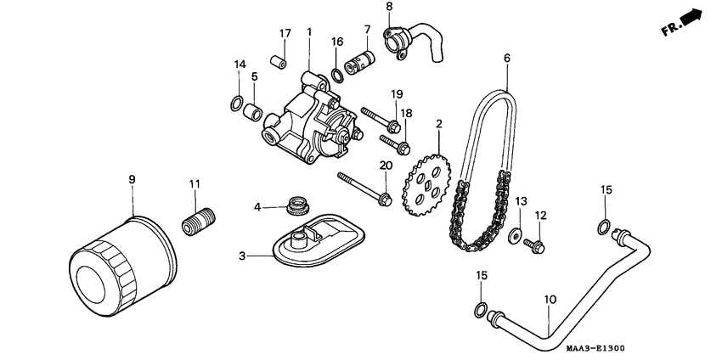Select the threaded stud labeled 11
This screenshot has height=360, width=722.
(200, 222)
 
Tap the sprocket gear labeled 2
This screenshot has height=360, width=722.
(428, 183)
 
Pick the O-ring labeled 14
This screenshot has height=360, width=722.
(234, 104)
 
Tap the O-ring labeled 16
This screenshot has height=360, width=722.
(337, 75)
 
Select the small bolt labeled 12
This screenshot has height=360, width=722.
(536, 246)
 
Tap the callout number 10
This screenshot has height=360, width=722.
(550, 300)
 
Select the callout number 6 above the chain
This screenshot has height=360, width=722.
(506, 58)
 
